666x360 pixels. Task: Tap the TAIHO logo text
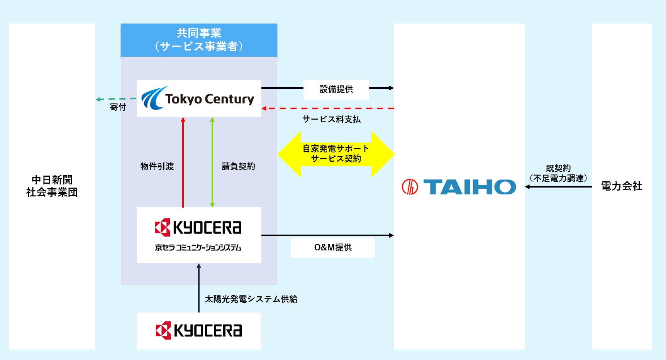point(469,187)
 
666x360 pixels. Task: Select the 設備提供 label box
point(336,90)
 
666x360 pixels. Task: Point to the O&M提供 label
point(333,247)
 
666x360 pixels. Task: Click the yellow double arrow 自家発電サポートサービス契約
point(336,154)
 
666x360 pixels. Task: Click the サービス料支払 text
point(331,119)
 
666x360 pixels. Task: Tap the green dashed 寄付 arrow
point(116,99)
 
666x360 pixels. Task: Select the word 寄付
point(118,107)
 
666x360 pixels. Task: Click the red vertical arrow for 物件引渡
point(183,162)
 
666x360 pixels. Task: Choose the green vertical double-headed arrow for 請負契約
point(212,162)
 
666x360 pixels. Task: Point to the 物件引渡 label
point(157,166)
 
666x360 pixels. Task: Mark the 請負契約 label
point(238,166)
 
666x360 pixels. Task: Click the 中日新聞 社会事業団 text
point(52,186)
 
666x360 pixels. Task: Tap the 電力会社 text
point(622,186)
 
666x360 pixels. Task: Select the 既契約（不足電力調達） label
point(558,173)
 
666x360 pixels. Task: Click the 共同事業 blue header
point(199,40)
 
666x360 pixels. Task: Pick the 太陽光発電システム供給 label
point(251,299)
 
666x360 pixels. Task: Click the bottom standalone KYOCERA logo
point(199,331)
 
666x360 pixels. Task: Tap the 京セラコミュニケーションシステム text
point(198,248)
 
